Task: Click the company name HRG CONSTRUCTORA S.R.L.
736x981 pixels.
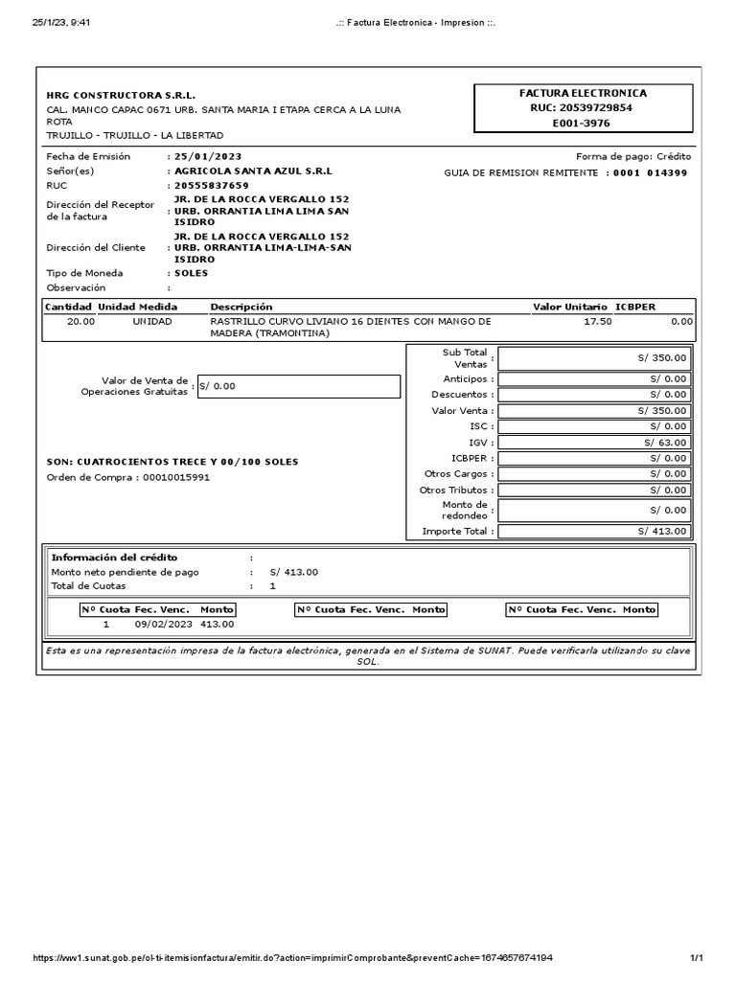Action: [121, 96]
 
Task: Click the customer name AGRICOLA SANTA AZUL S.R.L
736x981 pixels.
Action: [253, 171]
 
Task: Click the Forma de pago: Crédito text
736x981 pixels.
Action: [632, 156]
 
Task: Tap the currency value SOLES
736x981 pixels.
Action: [191, 273]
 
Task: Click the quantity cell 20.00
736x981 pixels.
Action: [80, 322]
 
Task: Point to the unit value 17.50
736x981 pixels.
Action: [597, 322]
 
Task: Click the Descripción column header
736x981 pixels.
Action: [241, 307]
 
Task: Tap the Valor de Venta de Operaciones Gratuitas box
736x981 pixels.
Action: [298, 386]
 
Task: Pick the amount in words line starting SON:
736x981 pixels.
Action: [172, 462]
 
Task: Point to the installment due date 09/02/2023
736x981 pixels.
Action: [164, 624]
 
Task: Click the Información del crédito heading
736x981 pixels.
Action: [114, 558]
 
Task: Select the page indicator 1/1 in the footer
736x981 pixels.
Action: [697, 958]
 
